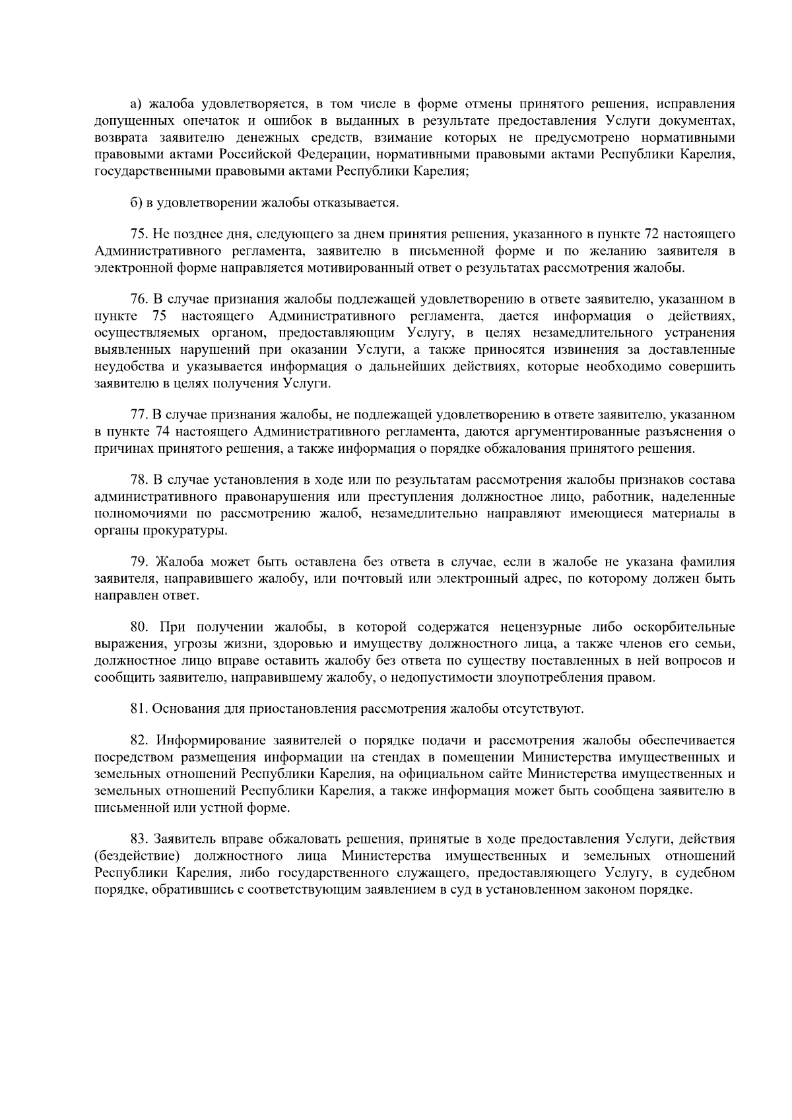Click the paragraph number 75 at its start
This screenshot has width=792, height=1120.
click(137, 234)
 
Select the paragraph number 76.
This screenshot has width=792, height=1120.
click(137, 300)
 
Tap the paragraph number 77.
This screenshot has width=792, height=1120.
click(137, 415)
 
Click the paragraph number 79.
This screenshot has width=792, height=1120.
click(137, 562)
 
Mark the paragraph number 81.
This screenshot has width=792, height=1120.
click(137, 709)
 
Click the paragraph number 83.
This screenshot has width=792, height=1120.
click(137, 840)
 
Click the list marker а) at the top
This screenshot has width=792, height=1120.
click(136, 104)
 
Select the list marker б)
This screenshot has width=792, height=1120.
click(135, 203)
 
